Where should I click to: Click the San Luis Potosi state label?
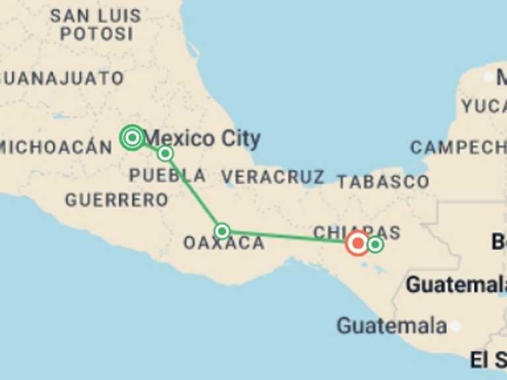click(96, 24)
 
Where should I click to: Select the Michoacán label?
click(56, 146)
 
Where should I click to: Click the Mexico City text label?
click(202, 139)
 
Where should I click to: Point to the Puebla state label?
click(167, 175)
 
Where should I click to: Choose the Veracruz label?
click(272, 177)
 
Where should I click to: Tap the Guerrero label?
click(117, 199)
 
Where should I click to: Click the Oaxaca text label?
click(224, 243)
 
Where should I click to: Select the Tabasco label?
click(382, 181)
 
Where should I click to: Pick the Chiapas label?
click(356, 232)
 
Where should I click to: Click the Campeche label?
click(457, 147)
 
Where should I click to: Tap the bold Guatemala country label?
click(456, 285)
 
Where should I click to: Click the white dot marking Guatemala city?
click(455, 326)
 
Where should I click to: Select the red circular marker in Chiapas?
click(358, 243)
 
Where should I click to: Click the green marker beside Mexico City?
click(133, 137)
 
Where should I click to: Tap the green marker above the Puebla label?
click(165, 154)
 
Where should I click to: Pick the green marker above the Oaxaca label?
click(222, 231)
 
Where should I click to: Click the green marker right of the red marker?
click(375, 245)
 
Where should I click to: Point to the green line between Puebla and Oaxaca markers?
click(193, 192)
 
